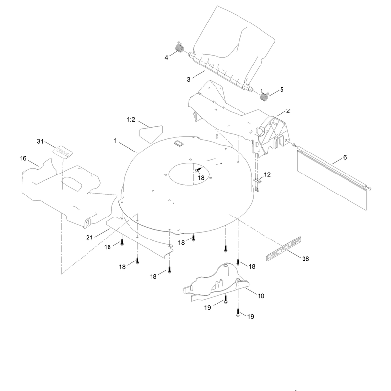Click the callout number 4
[x=166, y=58]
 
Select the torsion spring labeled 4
[x=180, y=47]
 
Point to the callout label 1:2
[x=131, y=120]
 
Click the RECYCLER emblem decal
[x=283, y=249]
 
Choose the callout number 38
[x=305, y=259]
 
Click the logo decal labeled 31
[x=63, y=152]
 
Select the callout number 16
[x=23, y=158]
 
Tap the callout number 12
[x=267, y=174]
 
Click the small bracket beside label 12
[x=258, y=180]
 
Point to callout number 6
[x=345, y=157]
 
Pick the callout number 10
[x=261, y=296]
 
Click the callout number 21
[x=89, y=238]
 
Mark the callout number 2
[x=288, y=111]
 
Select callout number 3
[x=188, y=79]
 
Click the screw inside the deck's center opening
[x=197, y=170]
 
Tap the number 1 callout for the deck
[x=115, y=141]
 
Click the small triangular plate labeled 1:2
[x=151, y=133]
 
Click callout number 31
[x=40, y=141]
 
